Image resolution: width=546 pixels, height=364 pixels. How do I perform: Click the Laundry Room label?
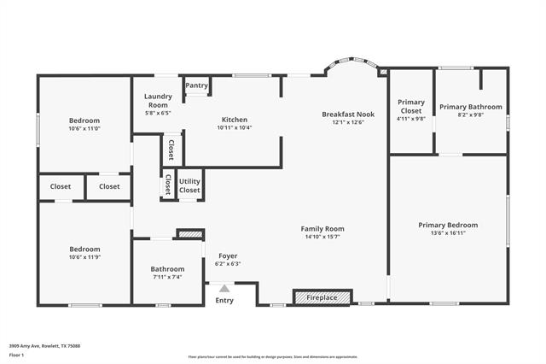158,101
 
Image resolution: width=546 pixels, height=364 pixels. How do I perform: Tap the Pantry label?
196,85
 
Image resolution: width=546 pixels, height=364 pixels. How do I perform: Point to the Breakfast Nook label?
348,114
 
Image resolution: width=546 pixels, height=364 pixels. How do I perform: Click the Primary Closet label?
411,107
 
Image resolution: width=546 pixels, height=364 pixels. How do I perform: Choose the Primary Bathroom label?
471,107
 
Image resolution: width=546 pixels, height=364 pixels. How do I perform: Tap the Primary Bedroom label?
448,225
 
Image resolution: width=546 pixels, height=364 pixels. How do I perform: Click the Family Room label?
322,228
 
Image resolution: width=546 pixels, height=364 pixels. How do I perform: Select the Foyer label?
228,255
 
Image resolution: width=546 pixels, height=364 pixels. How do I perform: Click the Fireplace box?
322,297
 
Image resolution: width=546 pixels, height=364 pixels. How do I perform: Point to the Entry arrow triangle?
224,289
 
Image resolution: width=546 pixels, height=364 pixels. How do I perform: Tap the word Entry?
224,300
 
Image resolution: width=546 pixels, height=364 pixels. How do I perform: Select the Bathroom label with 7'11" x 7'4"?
168,269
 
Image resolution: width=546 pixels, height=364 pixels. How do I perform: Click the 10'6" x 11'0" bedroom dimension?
84,128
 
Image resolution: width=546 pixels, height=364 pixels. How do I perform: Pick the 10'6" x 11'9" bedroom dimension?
84,256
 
